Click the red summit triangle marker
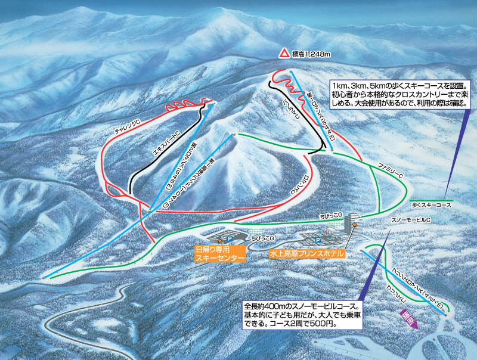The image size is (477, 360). point(284,54)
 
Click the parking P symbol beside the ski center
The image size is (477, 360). point(227,235)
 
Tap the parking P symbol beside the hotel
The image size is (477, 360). point(319,239)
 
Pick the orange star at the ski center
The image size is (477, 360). point(219,240)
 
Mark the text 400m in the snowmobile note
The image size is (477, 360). point(278,305)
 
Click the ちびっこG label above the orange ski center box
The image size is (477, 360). point(264,238)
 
